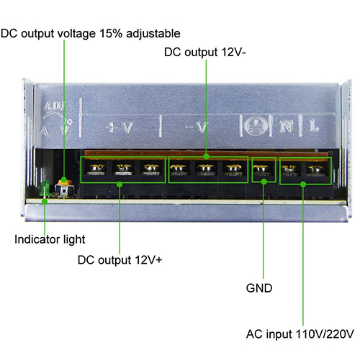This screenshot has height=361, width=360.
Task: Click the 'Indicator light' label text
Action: click(x=50, y=239)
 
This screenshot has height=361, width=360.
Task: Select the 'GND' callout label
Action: click(x=259, y=288)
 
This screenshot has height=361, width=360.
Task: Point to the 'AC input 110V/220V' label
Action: click(x=300, y=334)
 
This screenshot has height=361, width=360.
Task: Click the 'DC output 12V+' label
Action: click(x=120, y=260)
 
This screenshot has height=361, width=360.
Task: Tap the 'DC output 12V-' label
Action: click(x=205, y=52)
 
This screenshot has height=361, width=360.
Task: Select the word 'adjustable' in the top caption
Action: click(x=153, y=34)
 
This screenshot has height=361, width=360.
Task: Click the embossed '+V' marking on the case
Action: click(x=120, y=128)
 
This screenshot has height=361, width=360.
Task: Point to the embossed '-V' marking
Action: click(x=197, y=127)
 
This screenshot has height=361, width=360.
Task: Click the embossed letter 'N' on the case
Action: click(x=287, y=126)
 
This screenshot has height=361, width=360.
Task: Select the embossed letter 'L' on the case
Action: click(x=314, y=125)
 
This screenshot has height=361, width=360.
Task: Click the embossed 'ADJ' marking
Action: click(x=55, y=106)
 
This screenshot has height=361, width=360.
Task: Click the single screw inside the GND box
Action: click(x=263, y=169)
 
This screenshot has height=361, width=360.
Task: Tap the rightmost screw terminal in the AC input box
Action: click(x=317, y=170)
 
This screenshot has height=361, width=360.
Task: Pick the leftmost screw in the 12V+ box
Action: click(x=96, y=169)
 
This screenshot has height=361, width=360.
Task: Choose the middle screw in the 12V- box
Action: click(x=206, y=169)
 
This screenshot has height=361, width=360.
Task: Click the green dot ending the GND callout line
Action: click(x=264, y=182)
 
